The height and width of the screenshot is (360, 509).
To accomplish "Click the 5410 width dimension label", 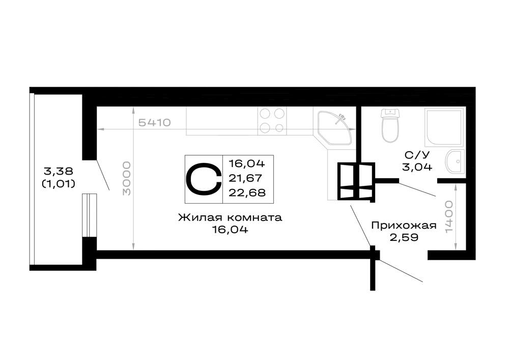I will click(x=155, y=123).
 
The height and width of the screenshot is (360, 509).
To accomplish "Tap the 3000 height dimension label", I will click(x=127, y=178).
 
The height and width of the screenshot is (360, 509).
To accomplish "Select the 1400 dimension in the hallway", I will click(x=449, y=216).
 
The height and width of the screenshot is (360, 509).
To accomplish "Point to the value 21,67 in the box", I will click(x=247, y=178).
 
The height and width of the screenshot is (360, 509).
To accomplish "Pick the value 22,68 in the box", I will click(x=247, y=192).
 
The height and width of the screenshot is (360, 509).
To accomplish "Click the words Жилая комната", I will click(x=230, y=217).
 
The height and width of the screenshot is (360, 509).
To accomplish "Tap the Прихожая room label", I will click(x=404, y=225).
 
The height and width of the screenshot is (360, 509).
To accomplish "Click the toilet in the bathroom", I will click(x=389, y=126).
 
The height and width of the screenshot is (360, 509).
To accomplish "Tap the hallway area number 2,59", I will click(x=404, y=237).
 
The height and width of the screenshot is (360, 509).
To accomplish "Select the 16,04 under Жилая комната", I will click(x=230, y=230).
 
